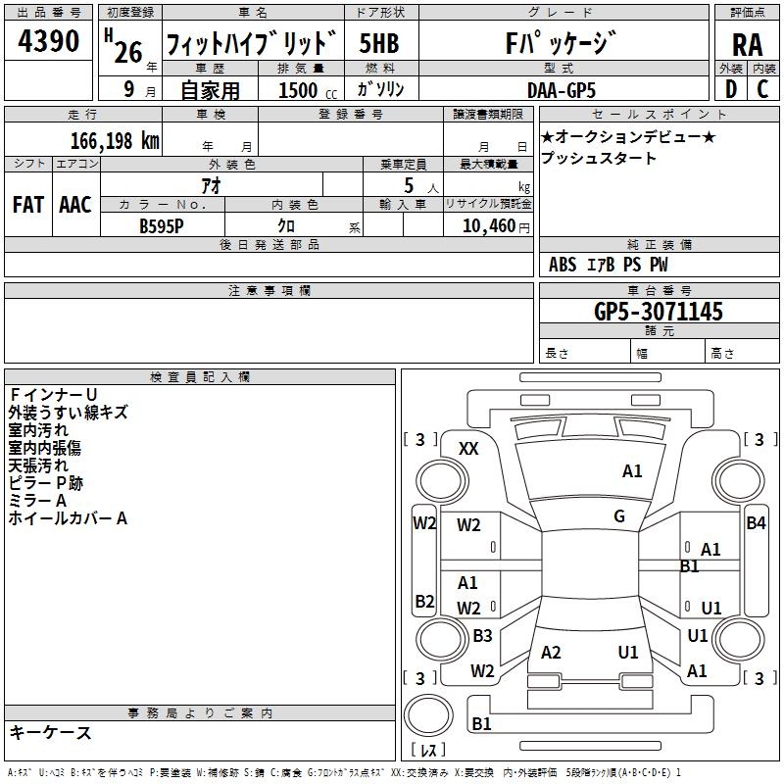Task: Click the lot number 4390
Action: pos(48,41)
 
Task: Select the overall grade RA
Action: pos(747,45)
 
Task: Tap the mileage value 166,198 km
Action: pos(115,141)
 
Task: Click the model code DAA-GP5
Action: pos(562,90)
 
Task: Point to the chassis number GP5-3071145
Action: pos(658,312)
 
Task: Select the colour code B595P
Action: pos(162,226)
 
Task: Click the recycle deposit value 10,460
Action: pos(489,226)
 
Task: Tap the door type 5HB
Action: pos(379,43)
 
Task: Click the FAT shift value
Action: pos(28,205)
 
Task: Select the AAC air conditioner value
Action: pos(75,205)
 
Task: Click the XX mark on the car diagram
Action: pos(468,449)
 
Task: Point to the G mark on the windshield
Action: pos(619,516)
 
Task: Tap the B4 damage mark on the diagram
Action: pos(756,523)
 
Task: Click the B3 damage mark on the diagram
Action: pos(482,635)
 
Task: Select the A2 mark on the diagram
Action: pos(551,653)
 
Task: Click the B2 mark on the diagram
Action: pos(424,601)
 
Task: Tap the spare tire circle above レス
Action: pos(428,715)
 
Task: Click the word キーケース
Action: pos(51,733)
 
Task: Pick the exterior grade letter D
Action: pos(731,89)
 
